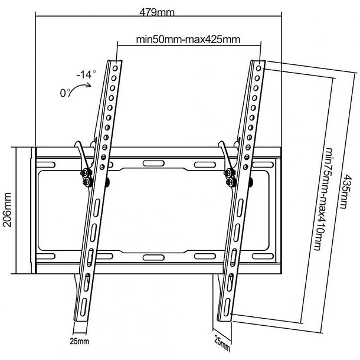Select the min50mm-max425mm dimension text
click(x=179, y=40)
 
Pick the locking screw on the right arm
click(x=228, y=172)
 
